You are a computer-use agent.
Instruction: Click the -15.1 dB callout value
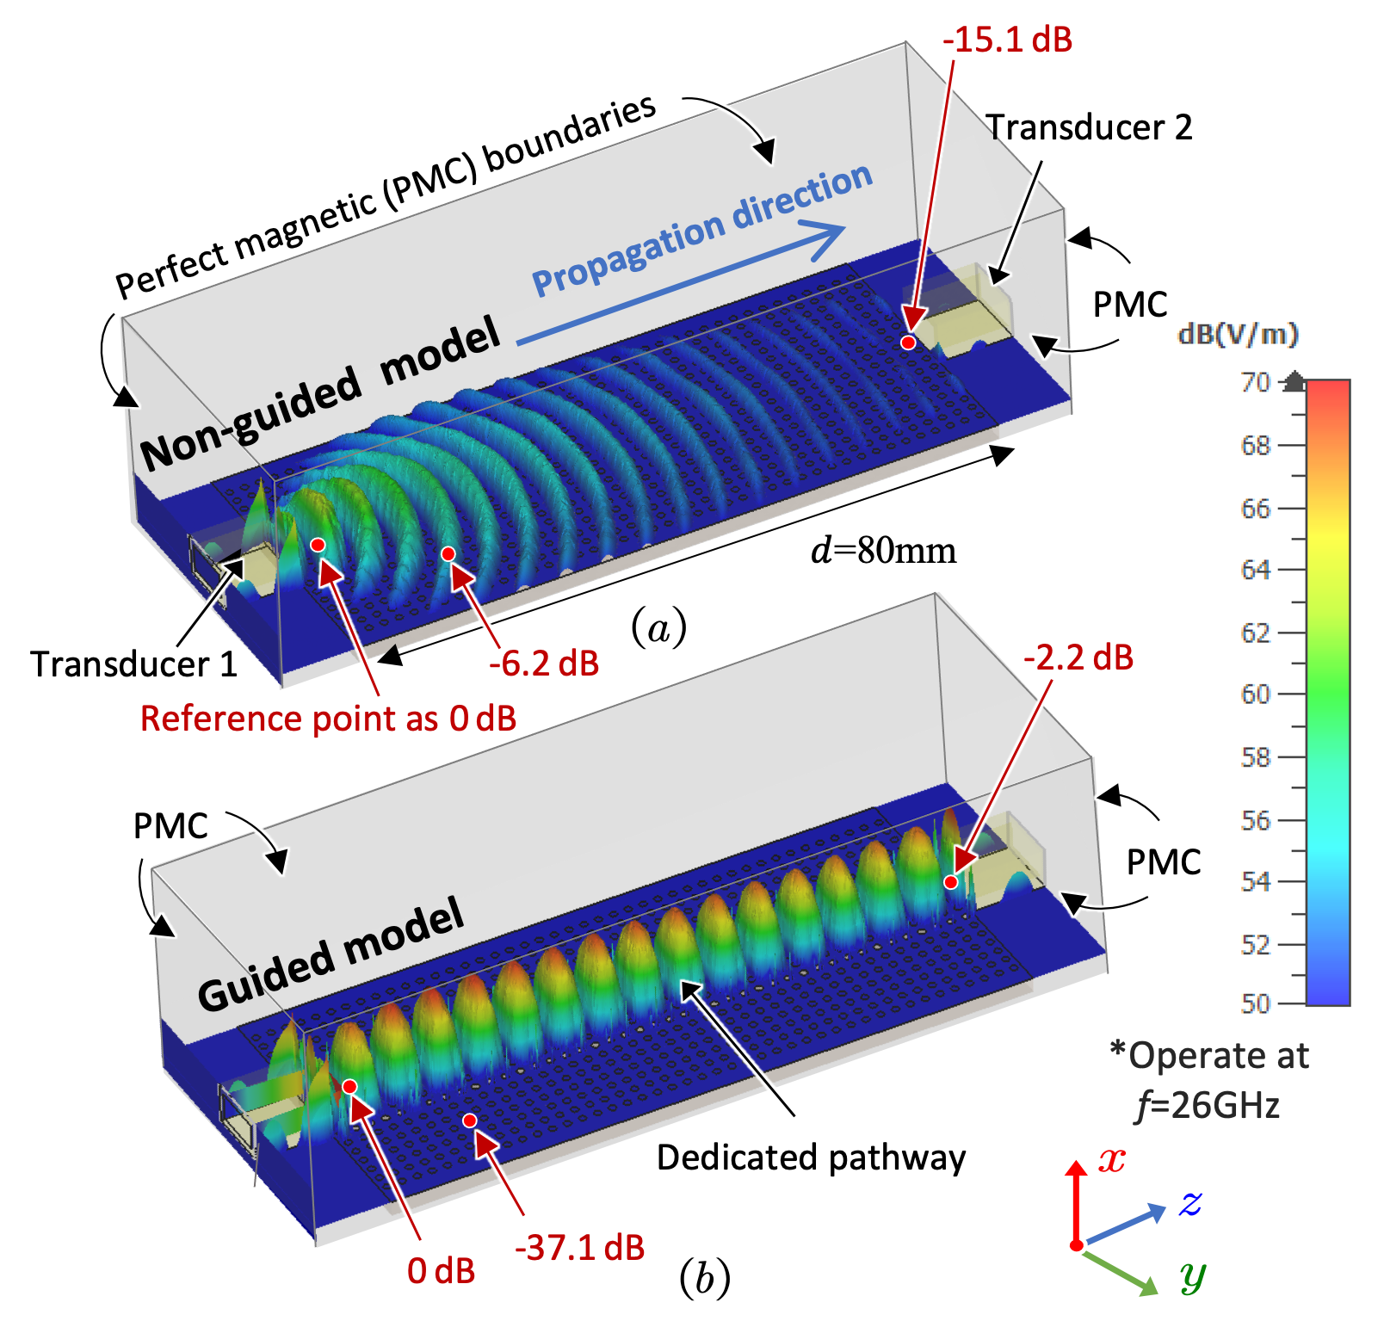tap(1007, 40)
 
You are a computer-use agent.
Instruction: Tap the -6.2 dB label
tap(544, 664)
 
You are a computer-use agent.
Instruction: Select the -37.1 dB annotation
tap(580, 1247)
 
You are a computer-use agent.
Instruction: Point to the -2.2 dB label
tap(1078, 657)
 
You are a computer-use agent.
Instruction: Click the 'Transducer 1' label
tap(134, 664)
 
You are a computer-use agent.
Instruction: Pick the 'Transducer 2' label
tap(1090, 127)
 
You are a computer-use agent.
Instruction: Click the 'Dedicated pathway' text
tap(812, 1158)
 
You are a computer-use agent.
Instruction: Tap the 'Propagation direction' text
tap(702, 231)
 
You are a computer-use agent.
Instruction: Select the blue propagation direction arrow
tap(681, 285)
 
